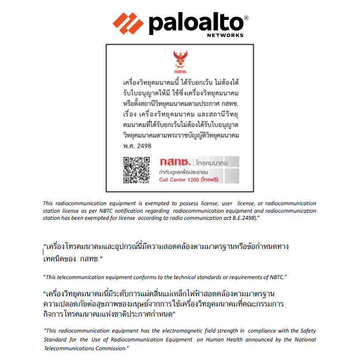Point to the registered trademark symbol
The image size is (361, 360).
[x=246, y=18]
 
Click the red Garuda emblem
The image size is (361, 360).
[x=179, y=60]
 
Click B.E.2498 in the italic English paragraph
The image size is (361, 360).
[x=245, y=218]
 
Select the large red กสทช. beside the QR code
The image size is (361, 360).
[x=175, y=162]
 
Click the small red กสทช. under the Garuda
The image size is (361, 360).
[x=180, y=71]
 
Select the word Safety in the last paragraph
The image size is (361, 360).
[x=308, y=330]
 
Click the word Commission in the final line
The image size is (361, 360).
[x=106, y=349]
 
